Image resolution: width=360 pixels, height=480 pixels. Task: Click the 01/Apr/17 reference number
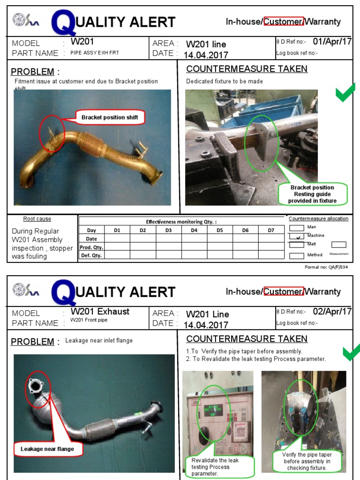pyautogui.click(x=332, y=41)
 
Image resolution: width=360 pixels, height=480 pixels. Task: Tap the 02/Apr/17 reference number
pyautogui.click(x=332, y=311)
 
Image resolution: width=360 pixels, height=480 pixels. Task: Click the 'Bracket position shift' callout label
pyautogui.click(x=110, y=117)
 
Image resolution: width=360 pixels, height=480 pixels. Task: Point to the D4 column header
pyautogui.click(x=194, y=230)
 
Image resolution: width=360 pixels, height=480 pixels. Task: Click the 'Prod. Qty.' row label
pyautogui.click(x=91, y=247)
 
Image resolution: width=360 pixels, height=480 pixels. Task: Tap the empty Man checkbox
pyautogui.click(x=297, y=228)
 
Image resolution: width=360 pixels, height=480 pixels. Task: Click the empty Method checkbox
pyautogui.click(x=297, y=255)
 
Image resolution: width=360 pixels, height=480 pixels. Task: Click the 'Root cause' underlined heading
pyautogui.click(x=37, y=219)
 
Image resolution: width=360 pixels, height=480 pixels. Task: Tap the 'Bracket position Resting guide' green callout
pyautogui.click(x=313, y=194)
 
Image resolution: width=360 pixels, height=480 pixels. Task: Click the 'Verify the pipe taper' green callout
pyautogui.click(x=307, y=461)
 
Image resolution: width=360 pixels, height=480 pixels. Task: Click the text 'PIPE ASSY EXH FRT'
pyautogui.click(x=95, y=53)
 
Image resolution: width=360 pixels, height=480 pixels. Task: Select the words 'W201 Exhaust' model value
pyautogui.click(x=100, y=311)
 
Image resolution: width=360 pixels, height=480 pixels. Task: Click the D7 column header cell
pyautogui.click(x=271, y=230)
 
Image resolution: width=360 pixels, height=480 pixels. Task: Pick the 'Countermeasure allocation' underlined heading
pyautogui.click(x=318, y=219)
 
